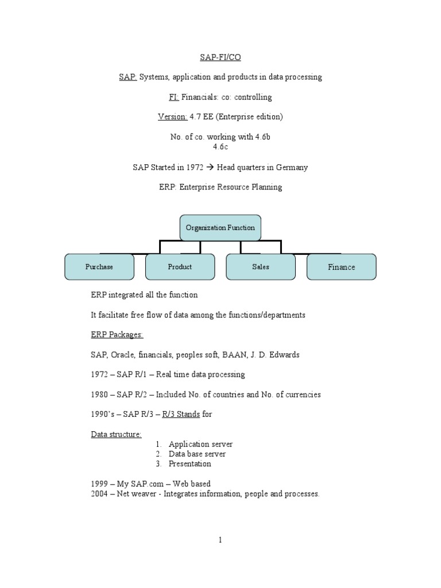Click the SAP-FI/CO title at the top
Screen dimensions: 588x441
[x=220, y=56]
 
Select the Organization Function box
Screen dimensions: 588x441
[x=220, y=228]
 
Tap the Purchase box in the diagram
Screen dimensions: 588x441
[x=99, y=267]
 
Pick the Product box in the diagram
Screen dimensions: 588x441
[x=180, y=267]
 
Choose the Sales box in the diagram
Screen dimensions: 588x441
[x=261, y=267]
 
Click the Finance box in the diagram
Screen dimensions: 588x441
[x=342, y=267]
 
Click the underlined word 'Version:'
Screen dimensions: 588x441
[x=172, y=117]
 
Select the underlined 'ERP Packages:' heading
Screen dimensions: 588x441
[x=117, y=335]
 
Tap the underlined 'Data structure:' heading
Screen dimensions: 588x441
[x=116, y=434]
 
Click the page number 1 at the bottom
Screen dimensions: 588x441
[x=220, y=539]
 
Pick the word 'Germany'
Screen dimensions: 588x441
[x=293, y=168]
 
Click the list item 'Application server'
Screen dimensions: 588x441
[x=200, y=444]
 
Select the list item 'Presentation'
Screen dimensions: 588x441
[x=189, y=463]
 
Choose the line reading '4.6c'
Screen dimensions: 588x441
[x=220, y=147]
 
